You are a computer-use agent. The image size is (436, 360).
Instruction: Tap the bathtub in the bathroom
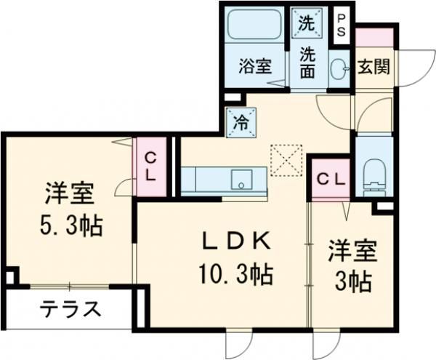(255, 28)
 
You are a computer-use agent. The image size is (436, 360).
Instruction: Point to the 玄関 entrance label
(374, 66)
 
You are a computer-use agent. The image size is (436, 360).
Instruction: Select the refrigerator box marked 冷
(240, 122)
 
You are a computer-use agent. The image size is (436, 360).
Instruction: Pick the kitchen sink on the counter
(241, 178)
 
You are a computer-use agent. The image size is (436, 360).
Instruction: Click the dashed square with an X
(286, 160)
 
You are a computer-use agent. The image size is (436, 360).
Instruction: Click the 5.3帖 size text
(70, 226)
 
